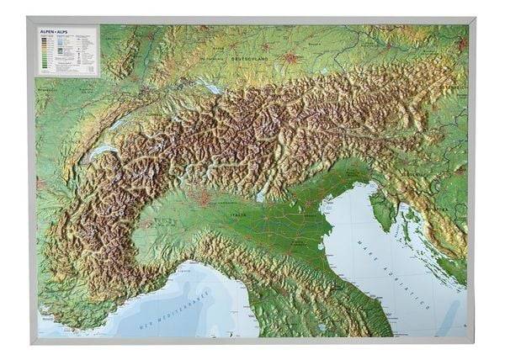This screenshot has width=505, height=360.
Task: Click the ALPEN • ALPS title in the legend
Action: pos(53,32)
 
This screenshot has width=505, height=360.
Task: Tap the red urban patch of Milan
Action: pos(202,200)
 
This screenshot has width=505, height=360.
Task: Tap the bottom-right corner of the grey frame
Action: pos(476,343)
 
